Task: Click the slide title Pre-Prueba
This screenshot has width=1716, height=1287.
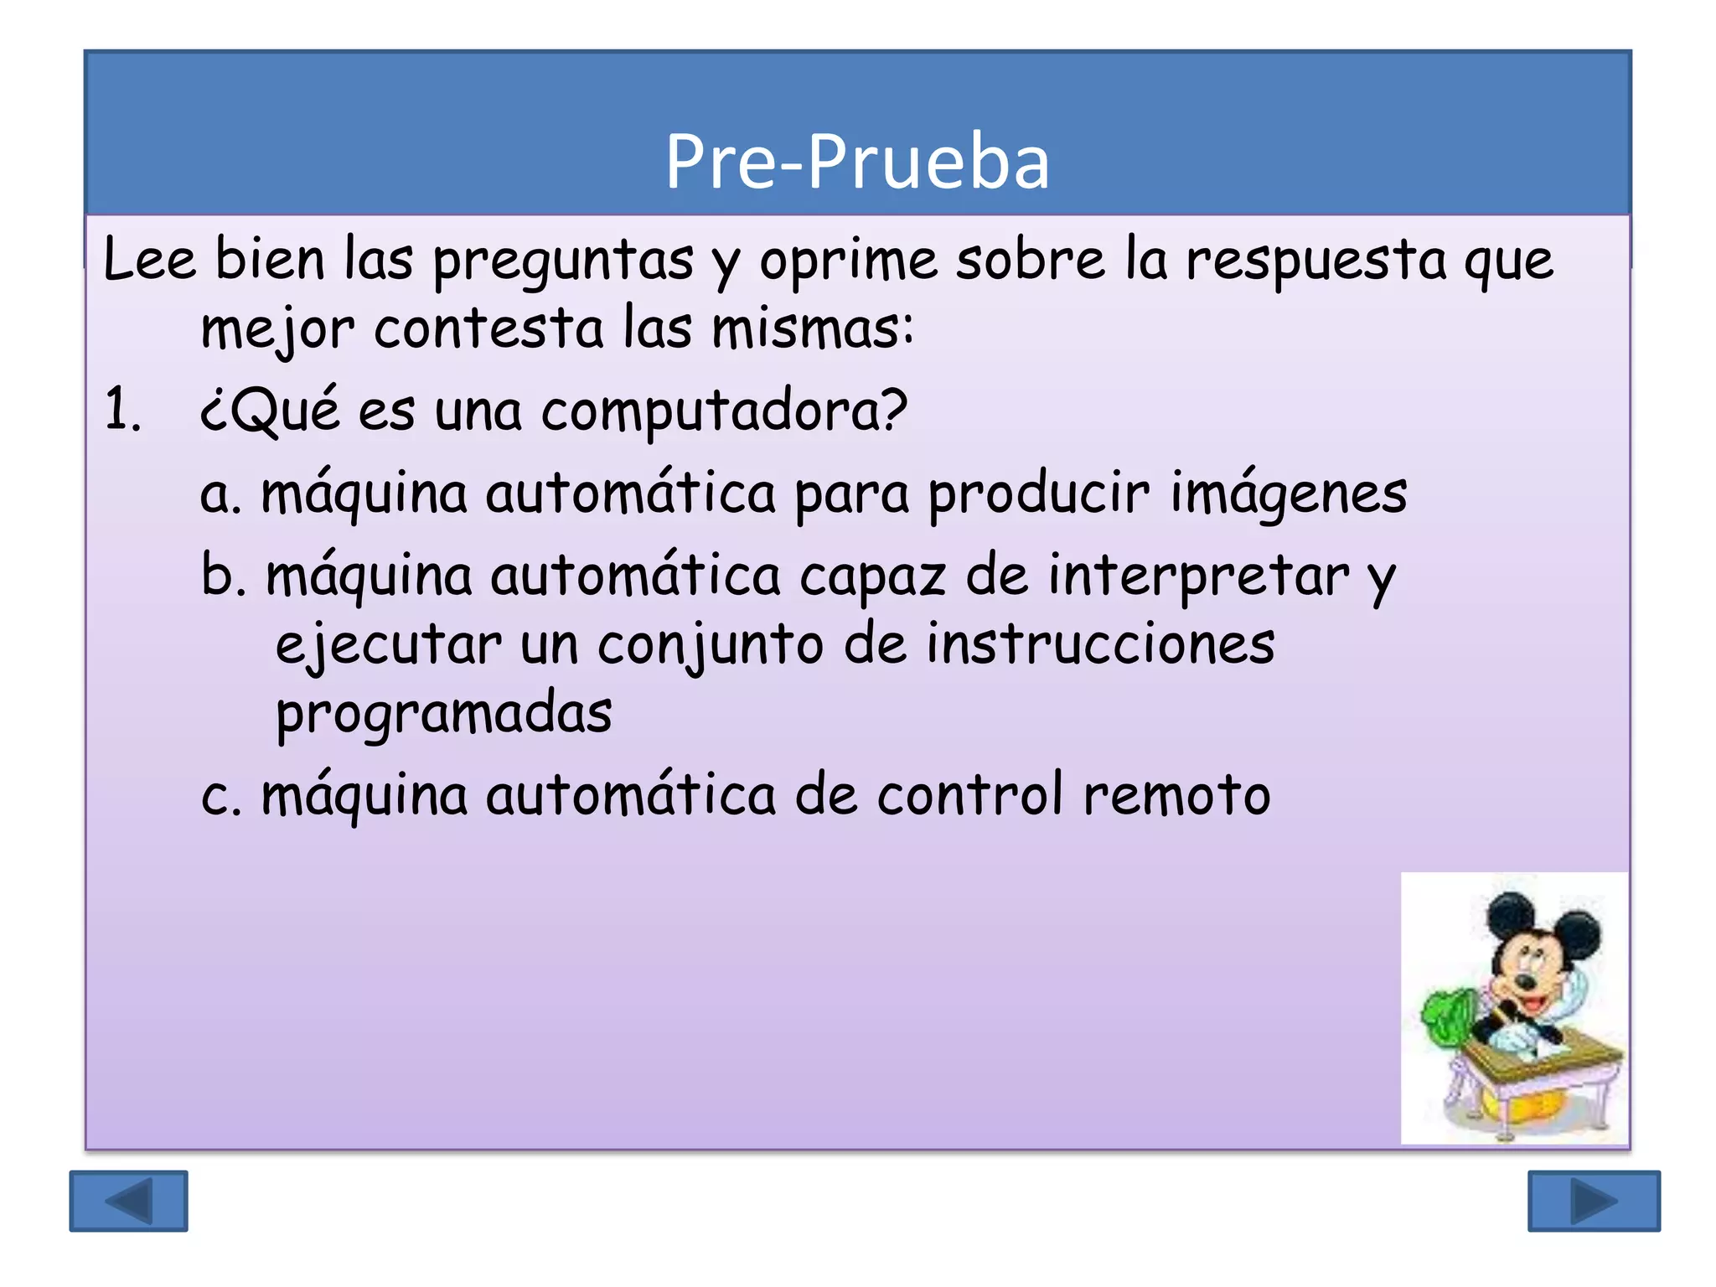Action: coord(856,161)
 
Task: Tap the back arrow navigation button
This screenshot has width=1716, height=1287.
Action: coord(128,1201)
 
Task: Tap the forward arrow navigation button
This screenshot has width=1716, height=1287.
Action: coord(1593,1201)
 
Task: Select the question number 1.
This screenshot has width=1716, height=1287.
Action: coord(122,411)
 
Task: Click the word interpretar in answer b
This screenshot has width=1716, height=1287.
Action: coord(1199,576)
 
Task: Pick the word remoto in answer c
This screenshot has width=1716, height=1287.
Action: coord(1176,795)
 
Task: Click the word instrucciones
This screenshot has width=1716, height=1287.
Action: coord(1100,645)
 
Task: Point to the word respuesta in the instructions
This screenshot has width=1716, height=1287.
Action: coord(1315,260)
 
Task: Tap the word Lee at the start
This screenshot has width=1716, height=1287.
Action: coord(149,260)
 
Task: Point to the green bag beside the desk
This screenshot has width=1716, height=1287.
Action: coord(1447,1020)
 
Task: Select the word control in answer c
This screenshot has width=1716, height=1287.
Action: coord(969,795)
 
